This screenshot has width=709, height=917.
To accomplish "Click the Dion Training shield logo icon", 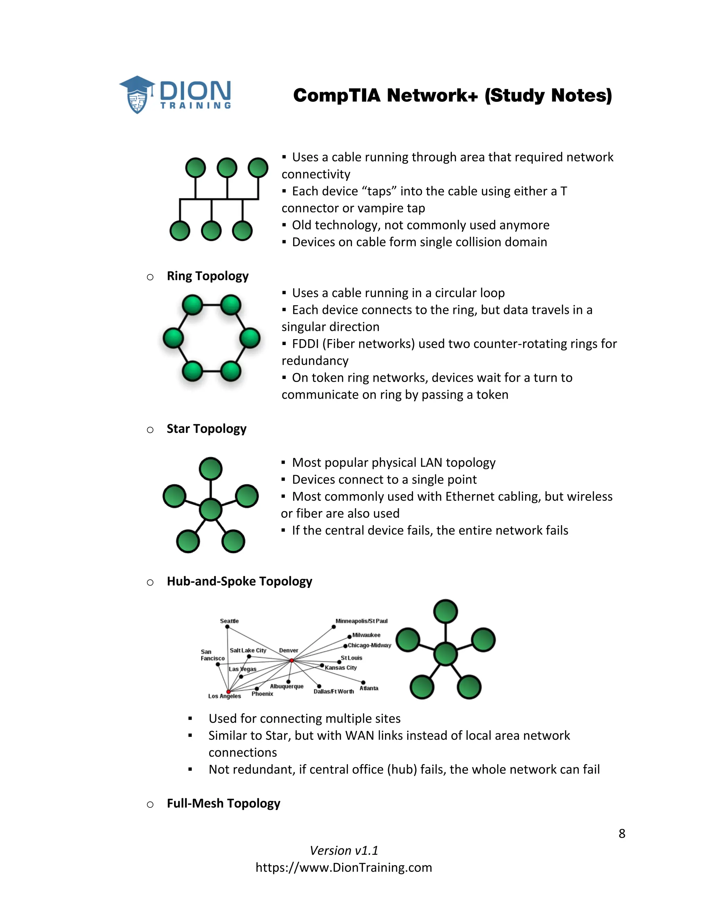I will coord(137,95).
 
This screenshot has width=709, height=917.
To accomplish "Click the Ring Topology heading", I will coord(207,276).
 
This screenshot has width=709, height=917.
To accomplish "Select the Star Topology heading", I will coord(206,429).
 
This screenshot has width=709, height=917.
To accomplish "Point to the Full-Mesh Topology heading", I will coord(223,803).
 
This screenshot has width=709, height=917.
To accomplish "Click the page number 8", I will coord(622,834).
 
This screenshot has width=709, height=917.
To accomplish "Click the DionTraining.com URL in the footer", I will coord(343,868).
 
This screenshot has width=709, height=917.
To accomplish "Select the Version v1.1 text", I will coord(343,851).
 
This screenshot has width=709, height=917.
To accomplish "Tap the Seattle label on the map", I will coord(229,621).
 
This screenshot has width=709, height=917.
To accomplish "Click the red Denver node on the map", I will coord(291,661).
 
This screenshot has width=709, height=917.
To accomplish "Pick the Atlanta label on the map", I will coord(369,688).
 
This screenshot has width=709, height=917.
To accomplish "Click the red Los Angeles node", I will coord(228,691).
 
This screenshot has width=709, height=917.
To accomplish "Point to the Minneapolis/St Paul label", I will coord(361,621).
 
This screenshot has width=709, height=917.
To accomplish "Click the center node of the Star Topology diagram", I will coord(210,510).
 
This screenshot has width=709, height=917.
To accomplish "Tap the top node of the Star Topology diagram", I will coord(210,469).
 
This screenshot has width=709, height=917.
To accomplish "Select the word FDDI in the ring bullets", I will coord(305,344).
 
